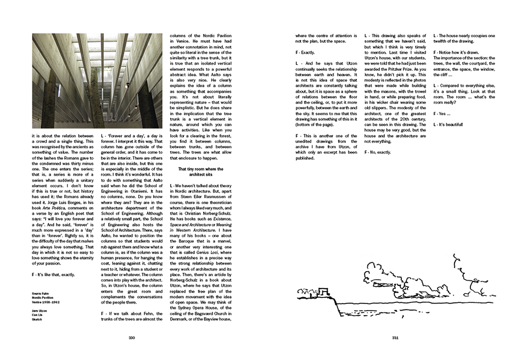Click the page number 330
point(131,337)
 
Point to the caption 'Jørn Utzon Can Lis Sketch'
point(39,314)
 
